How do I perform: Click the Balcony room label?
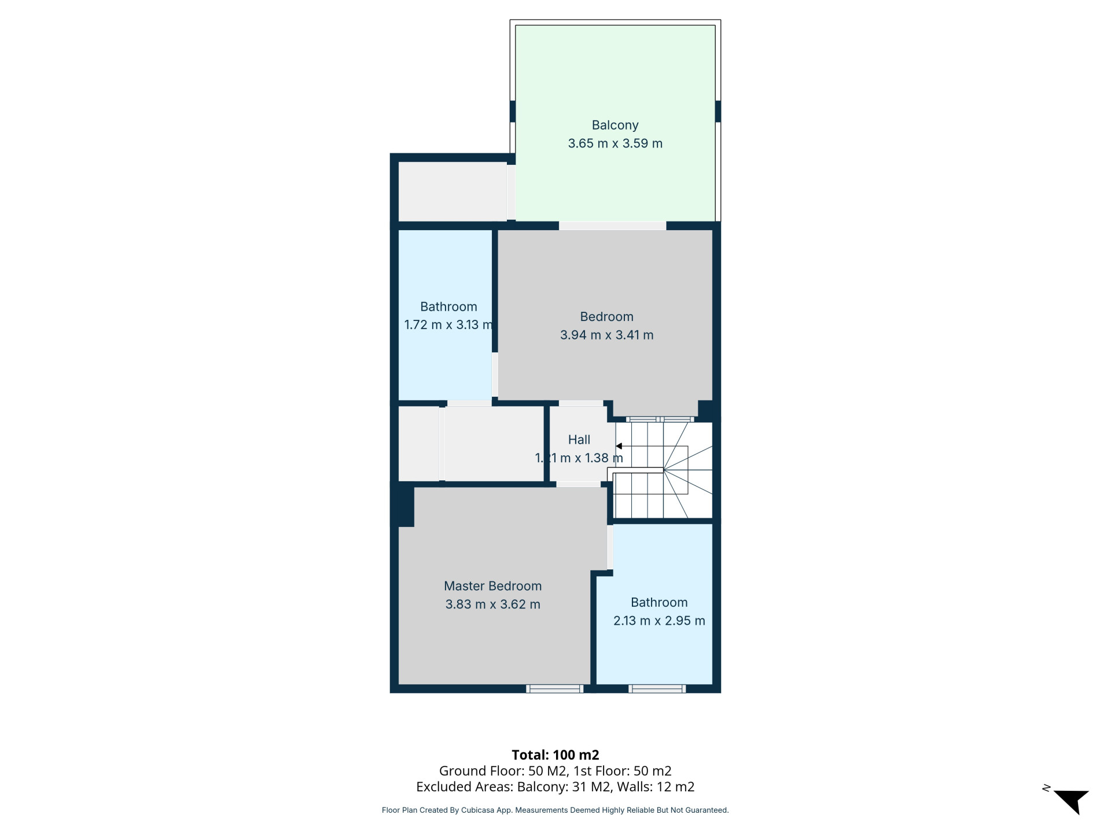615,125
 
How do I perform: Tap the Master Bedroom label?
492,586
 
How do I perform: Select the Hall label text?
579,440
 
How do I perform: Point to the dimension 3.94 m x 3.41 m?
606,335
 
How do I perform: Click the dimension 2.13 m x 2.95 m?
659,621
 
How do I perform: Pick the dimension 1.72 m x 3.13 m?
448,325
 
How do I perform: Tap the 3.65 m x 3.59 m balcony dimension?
615,143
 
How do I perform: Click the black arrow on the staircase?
619,446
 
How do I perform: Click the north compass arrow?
1071,801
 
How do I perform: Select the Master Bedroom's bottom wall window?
554,688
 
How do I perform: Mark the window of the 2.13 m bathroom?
657,688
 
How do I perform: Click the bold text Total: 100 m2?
555,755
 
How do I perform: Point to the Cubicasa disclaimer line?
555,810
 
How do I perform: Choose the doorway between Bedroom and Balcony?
612,226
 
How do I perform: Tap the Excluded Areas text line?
555,787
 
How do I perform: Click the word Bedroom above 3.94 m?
606,316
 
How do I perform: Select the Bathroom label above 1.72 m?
448,307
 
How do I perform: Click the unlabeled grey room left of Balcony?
453,191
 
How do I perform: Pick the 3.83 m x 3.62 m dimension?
492,605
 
